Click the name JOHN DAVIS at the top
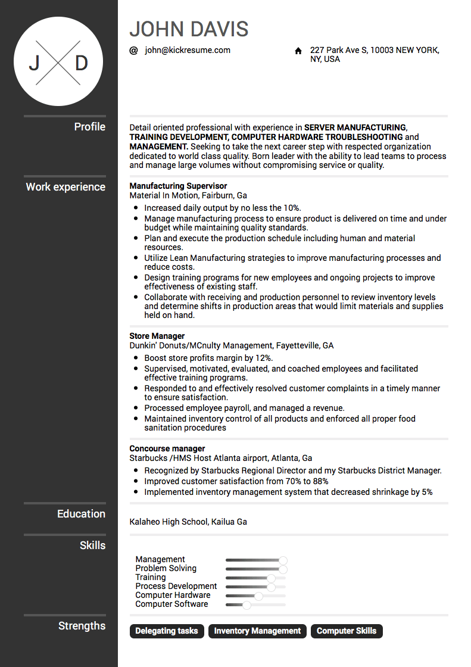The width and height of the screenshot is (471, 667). (189, 29)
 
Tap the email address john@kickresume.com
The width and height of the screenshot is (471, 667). (187, 50)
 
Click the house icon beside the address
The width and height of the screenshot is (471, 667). (298, 51)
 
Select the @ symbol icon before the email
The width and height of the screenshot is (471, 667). (133, 51)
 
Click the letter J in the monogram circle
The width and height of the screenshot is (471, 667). (35, 63)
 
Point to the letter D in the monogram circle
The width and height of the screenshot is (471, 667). (81, 63)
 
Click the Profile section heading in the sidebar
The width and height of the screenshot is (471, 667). (89, 127)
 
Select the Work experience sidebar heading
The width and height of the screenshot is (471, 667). (65, 187)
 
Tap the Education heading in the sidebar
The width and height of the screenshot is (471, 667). (81, 514)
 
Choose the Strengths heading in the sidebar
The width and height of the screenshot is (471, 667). (82, 626)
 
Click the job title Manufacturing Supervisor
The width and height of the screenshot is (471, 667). (178, 186)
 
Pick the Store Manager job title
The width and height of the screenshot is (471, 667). (157, 336)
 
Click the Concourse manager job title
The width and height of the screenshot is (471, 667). (167, 448)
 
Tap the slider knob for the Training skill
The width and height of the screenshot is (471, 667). (271, 578)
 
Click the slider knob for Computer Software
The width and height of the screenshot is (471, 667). (247, 605)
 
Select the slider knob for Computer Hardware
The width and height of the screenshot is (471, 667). (258, 596)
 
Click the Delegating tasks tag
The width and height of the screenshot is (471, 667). (167, 631)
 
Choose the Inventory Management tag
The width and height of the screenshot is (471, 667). (257, 631)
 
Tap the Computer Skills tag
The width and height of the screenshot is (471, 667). (347, 631)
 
